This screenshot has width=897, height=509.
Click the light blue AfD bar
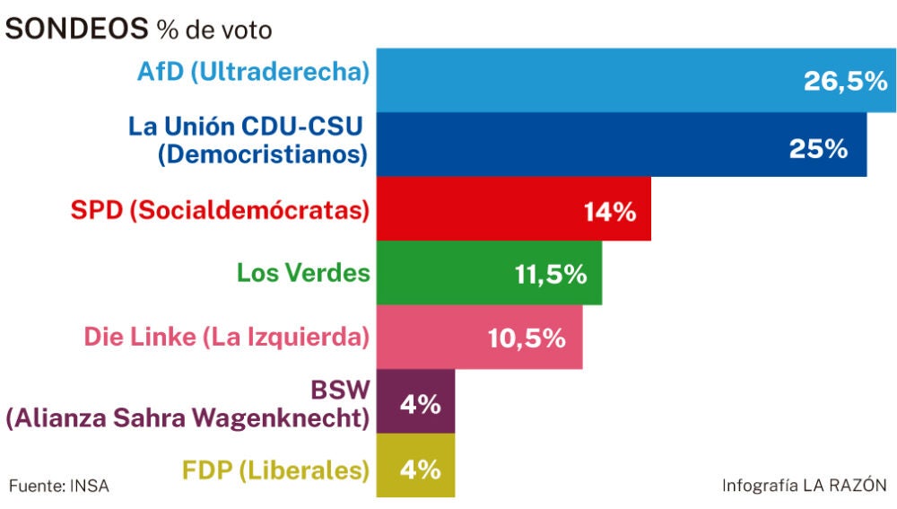click(583, 80)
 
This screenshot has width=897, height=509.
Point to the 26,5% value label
click(845, 83)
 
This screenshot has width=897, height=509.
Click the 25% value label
click(818, 148)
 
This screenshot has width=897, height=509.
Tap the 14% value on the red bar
click(609, 212)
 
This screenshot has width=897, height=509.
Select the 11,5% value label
click(551, 276)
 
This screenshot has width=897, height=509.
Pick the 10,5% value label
click(527, 339)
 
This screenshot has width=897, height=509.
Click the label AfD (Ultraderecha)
click(254, 72)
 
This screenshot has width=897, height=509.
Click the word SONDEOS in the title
click(76, 29)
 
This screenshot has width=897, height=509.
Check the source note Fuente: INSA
click(58, 486)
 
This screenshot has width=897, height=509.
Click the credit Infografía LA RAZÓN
click(804, 486)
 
